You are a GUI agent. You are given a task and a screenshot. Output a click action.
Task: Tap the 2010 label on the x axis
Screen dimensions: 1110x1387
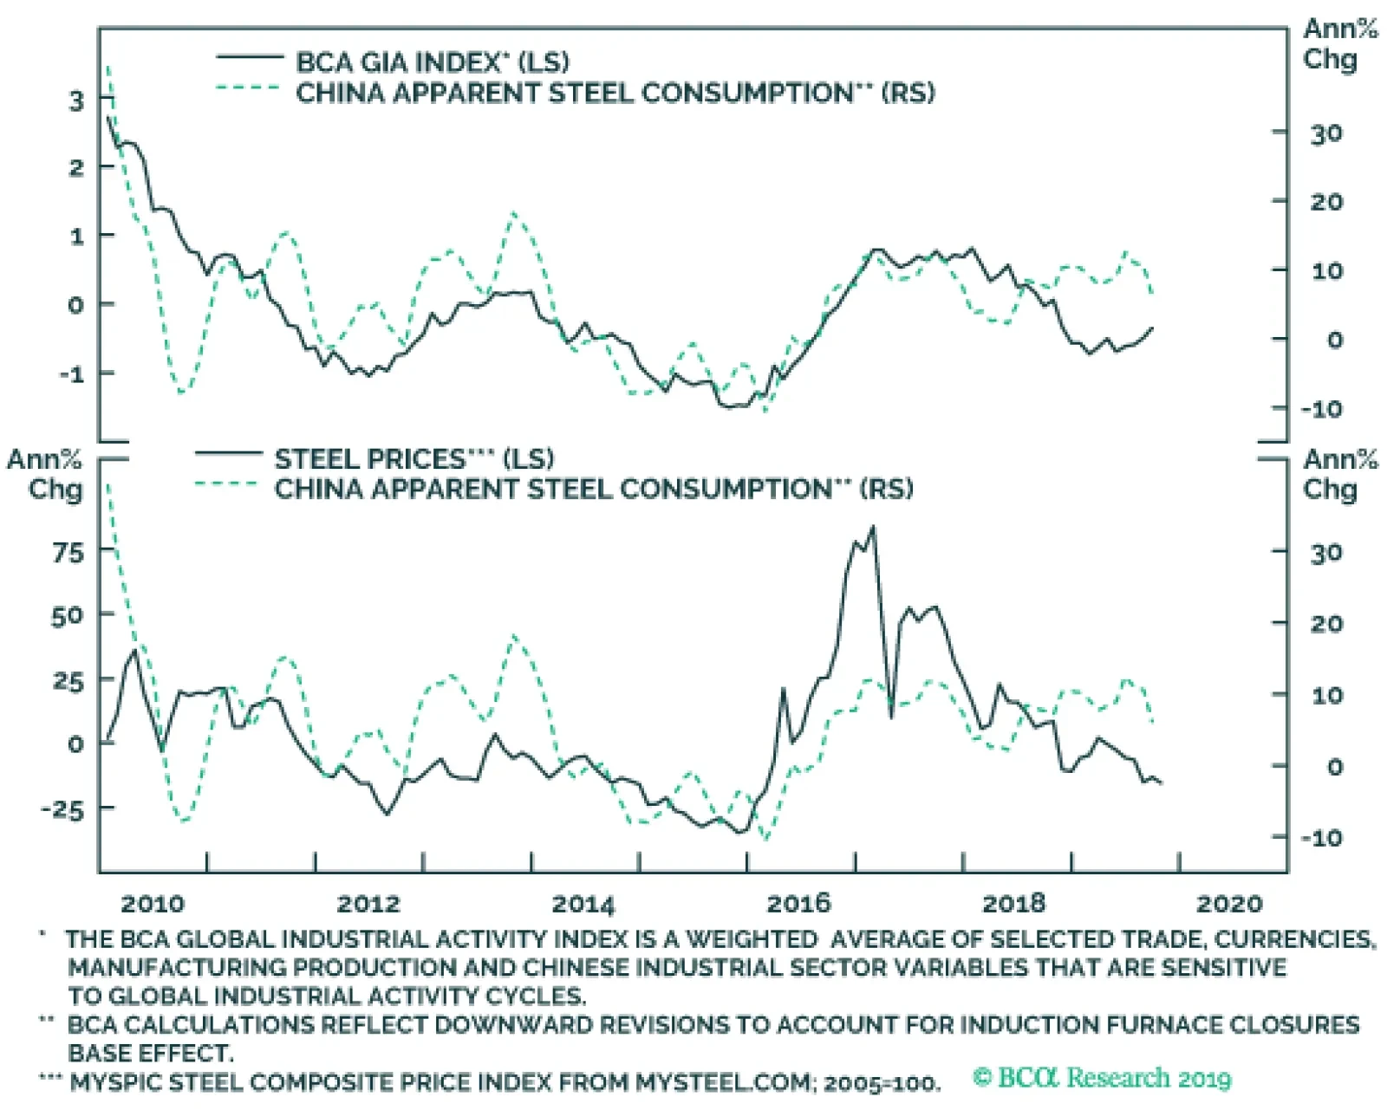tap(152, 904)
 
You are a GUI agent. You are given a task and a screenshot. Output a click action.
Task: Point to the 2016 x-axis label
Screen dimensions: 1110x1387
tap(799, 904)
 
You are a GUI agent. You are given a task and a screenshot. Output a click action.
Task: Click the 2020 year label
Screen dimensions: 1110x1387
tap(1229, 904)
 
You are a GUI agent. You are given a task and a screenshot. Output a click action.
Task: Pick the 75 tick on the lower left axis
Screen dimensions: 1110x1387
tap(68, 552)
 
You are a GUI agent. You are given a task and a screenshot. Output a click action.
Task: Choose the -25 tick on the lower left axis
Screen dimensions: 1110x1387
tap(62, 809)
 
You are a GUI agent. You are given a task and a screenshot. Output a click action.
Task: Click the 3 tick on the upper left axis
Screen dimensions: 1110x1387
tap(77, 101)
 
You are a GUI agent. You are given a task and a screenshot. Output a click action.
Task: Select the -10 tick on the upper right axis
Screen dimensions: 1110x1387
tap(1320, 408)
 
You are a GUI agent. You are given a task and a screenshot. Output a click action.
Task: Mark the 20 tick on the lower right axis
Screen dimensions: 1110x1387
tap(1326, 624)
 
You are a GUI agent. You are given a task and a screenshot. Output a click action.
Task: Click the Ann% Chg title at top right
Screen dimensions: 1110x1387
tap(1339, 44)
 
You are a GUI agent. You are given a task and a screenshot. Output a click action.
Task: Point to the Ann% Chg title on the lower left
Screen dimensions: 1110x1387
tap(44, 474)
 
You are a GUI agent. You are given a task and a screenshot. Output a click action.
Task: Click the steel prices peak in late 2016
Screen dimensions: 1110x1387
tap(872, 526)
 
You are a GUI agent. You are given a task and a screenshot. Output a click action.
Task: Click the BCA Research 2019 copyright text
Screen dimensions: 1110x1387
tap(1102, 1078)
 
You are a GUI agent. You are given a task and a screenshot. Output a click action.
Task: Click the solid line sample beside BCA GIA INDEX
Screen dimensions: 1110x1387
tap(250, 57)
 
